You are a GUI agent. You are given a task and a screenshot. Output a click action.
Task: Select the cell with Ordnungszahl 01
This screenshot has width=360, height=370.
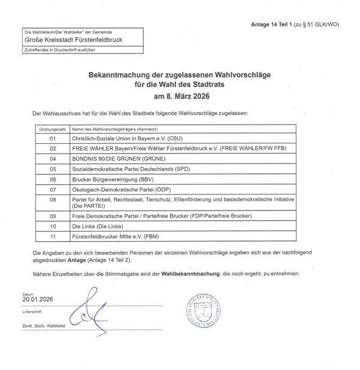point(53,138)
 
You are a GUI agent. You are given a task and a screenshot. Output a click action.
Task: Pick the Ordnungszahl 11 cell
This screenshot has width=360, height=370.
point(53,237)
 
